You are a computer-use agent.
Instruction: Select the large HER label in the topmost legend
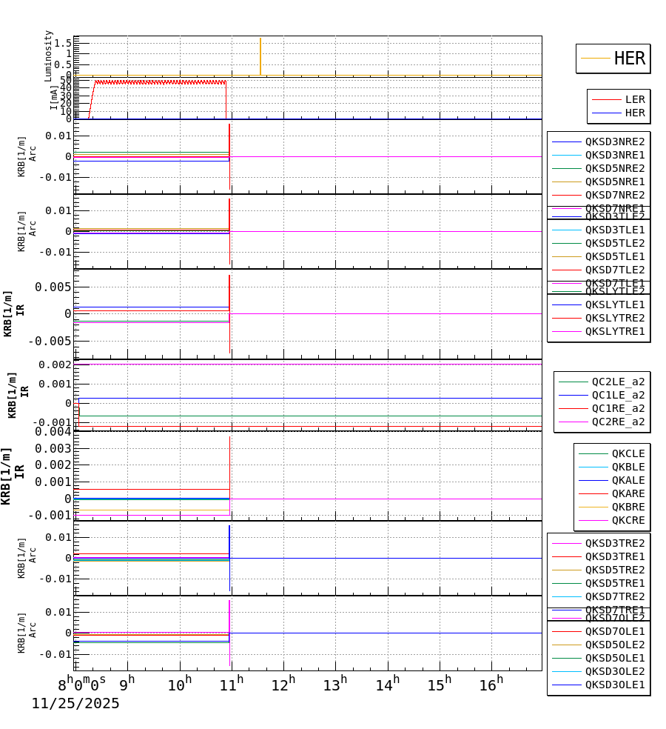click(x=629, y=59)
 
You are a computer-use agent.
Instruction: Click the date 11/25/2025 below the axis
click(x=75, y=704)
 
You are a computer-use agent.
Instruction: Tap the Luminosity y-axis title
click(x=49, y=56)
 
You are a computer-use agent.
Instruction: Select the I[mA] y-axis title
click(x=54, y=97)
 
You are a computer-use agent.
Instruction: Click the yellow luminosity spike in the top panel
click(x=260, y=56)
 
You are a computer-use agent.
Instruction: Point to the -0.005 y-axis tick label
click(x=50, y=341)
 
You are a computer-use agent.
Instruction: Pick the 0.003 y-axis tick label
click(x=51, y=448)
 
